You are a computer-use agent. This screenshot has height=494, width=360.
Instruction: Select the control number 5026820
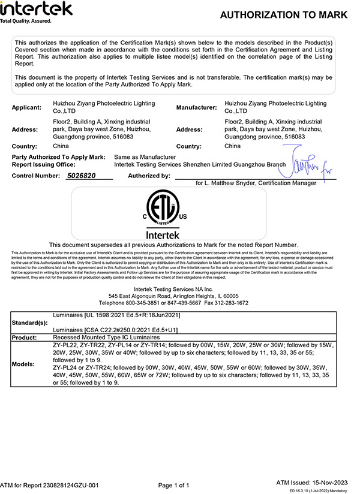(81, 176)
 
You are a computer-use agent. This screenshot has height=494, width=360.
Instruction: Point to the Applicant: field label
(27, 107)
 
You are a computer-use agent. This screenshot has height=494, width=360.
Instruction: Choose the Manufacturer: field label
(196, 107)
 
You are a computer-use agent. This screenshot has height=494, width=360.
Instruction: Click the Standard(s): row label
(30, 323)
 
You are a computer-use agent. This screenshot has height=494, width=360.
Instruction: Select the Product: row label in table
(25, 338)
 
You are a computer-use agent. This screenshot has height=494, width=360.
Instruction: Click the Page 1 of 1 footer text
(174, 485)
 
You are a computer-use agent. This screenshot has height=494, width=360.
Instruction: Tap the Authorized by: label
(149, 176)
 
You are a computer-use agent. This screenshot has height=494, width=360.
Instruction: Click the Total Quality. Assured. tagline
(26, 21)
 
